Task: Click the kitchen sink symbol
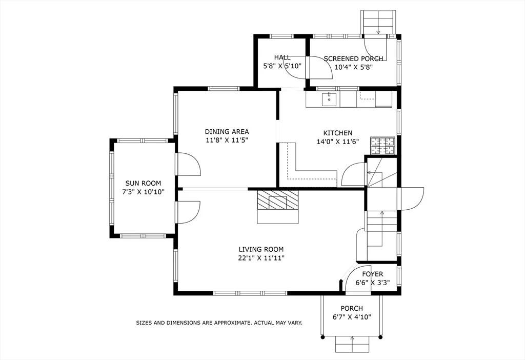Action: click(329, 99)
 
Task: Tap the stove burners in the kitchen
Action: click(382, 146)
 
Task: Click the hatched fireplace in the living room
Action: click(277, 201)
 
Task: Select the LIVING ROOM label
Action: click(261, 250)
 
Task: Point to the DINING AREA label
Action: click(227, 132)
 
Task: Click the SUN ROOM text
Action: click(143, 184)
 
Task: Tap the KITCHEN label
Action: click(337, 133)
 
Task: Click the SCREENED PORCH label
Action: click(353, 58)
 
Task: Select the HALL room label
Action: click(282, 57)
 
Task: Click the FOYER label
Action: click(373, 274)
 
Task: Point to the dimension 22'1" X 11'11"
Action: click(261, 258)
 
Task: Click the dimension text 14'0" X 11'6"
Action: click(337, 142)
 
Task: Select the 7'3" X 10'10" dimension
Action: click(143, 192)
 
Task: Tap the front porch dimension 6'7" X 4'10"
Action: click(352, 317)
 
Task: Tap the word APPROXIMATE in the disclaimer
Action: click(233, 323)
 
